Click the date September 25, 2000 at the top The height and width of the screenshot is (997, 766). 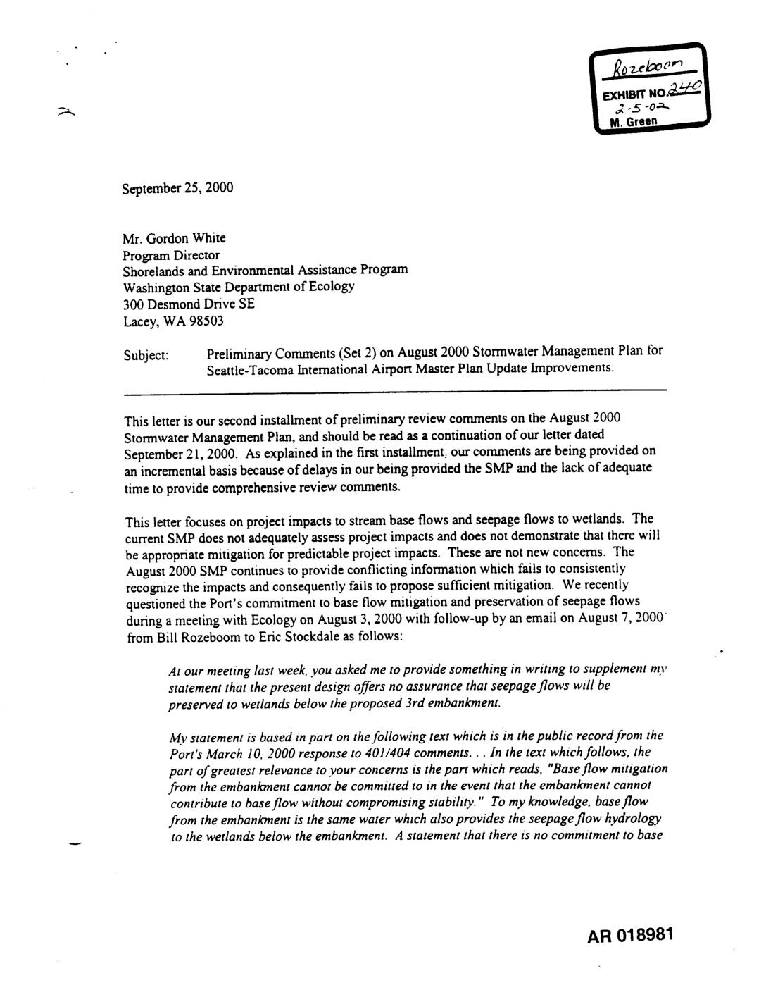click(x=177, y=189)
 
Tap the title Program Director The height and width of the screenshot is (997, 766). click(x=171, y=255)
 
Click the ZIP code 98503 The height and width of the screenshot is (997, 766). click(x=209, y=321)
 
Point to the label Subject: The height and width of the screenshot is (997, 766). click(x=146, y=354)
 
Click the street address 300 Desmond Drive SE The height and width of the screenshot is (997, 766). click(x=189, y=304)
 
